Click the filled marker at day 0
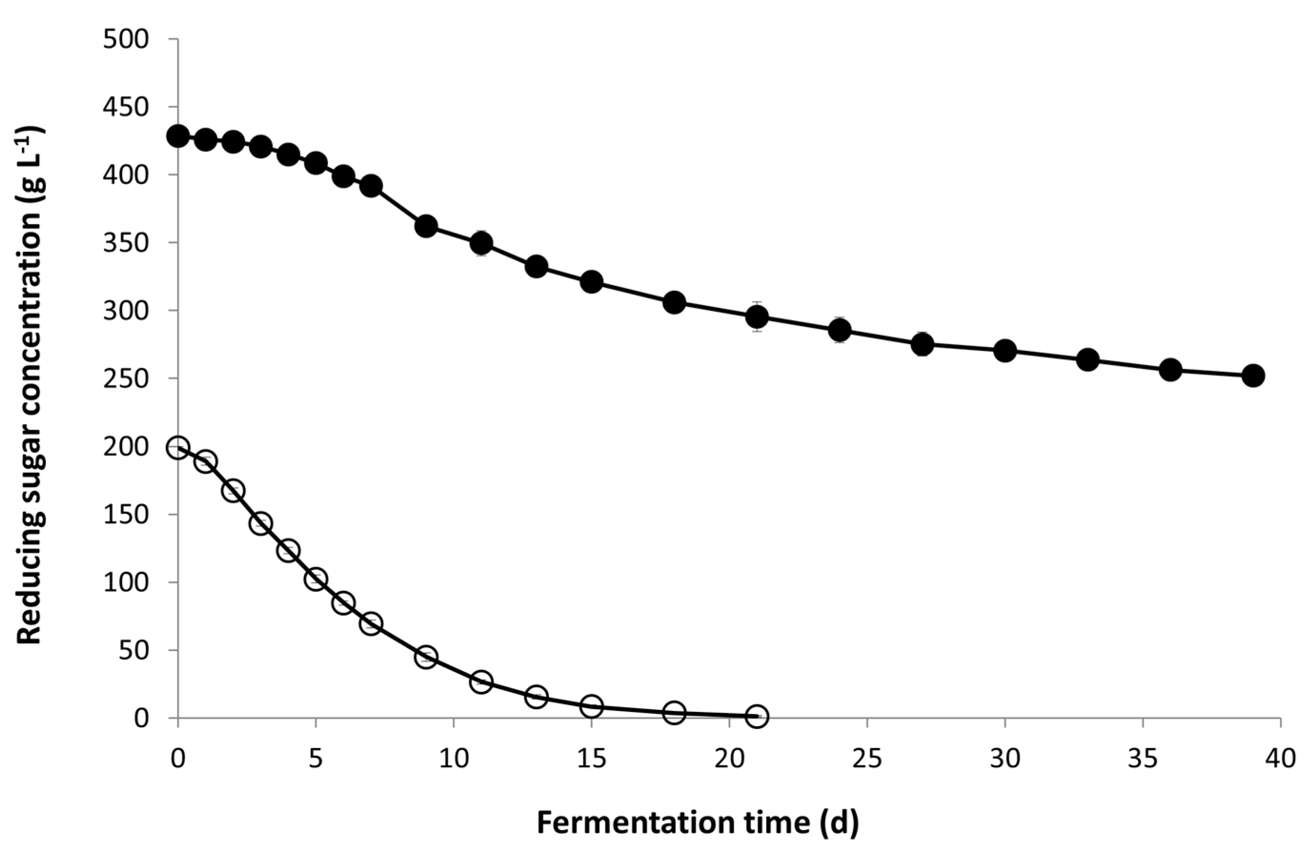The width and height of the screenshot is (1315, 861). click(178, 136)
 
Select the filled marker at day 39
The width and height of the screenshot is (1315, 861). click(1253, 376)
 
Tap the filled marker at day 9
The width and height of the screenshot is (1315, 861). click(426, 226)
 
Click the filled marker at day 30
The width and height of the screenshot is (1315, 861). click(1005, 350)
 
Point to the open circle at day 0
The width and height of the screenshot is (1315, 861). click(178, 447)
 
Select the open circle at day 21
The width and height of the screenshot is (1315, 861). click(757, 716)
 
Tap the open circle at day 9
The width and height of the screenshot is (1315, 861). click(426, 657)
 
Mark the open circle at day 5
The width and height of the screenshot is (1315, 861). click(315, 580)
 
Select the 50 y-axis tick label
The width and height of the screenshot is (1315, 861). click(134, 650)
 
